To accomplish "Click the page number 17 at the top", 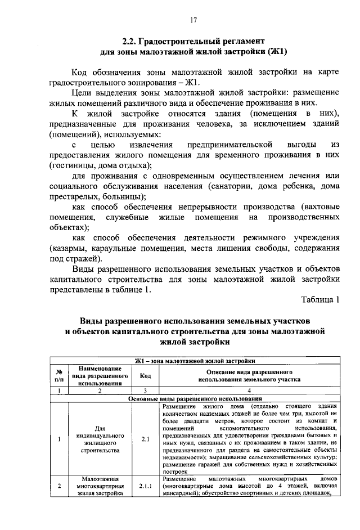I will point(193,20).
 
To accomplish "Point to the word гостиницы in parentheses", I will point(71,165).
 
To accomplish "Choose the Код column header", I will point(145,375).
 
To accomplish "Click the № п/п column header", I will point(59,375).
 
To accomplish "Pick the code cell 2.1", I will point(145,439).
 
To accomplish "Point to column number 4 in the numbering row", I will point(249,390).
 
